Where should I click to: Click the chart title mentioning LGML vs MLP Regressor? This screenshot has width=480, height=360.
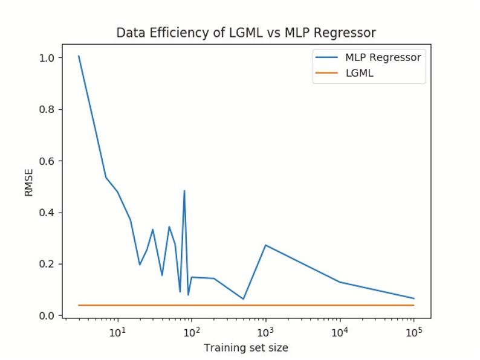pyautogui.click(x=246, y=33)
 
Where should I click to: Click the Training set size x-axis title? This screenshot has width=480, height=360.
pyautogui.click(x=246, y=347)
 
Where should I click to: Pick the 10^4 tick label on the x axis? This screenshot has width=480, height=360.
pyautogui.click(x=340, y=332)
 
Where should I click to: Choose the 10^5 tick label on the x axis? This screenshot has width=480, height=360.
pyautogui.click(x=414, y=332)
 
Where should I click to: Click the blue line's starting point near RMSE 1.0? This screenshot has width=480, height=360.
pyautogui.click(x=79, y=56)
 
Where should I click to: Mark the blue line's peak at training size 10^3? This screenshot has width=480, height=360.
pyautogui.click(x=265, y=245)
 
